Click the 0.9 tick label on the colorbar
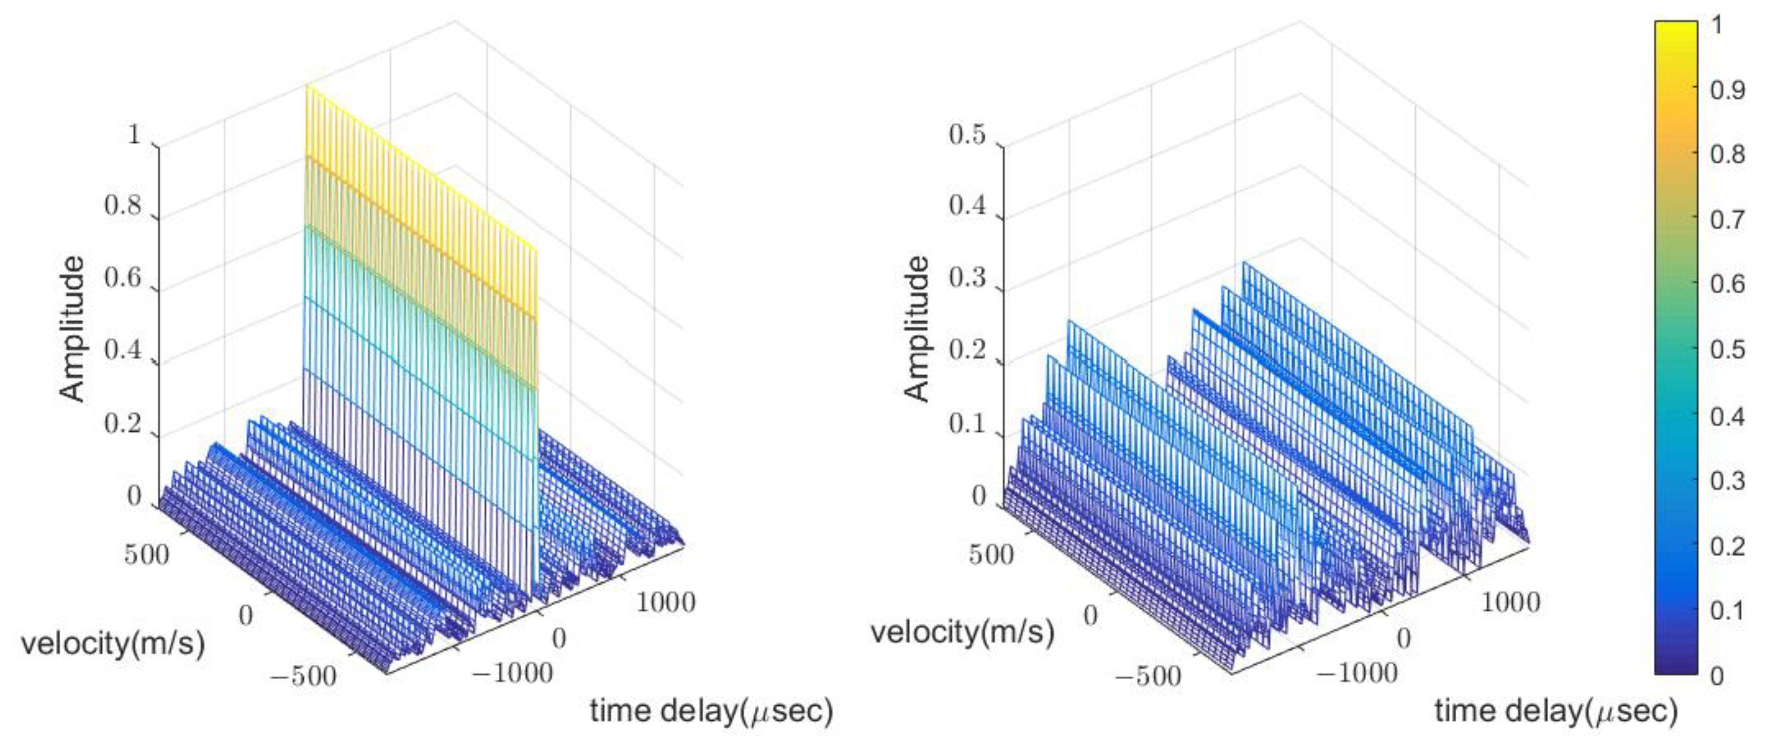1727,89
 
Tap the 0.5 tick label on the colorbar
1727,349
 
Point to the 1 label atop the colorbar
1717,26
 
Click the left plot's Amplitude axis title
71,328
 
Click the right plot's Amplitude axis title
916,328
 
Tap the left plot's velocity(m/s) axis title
113,644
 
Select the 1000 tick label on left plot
665,603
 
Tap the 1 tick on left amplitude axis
134,135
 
